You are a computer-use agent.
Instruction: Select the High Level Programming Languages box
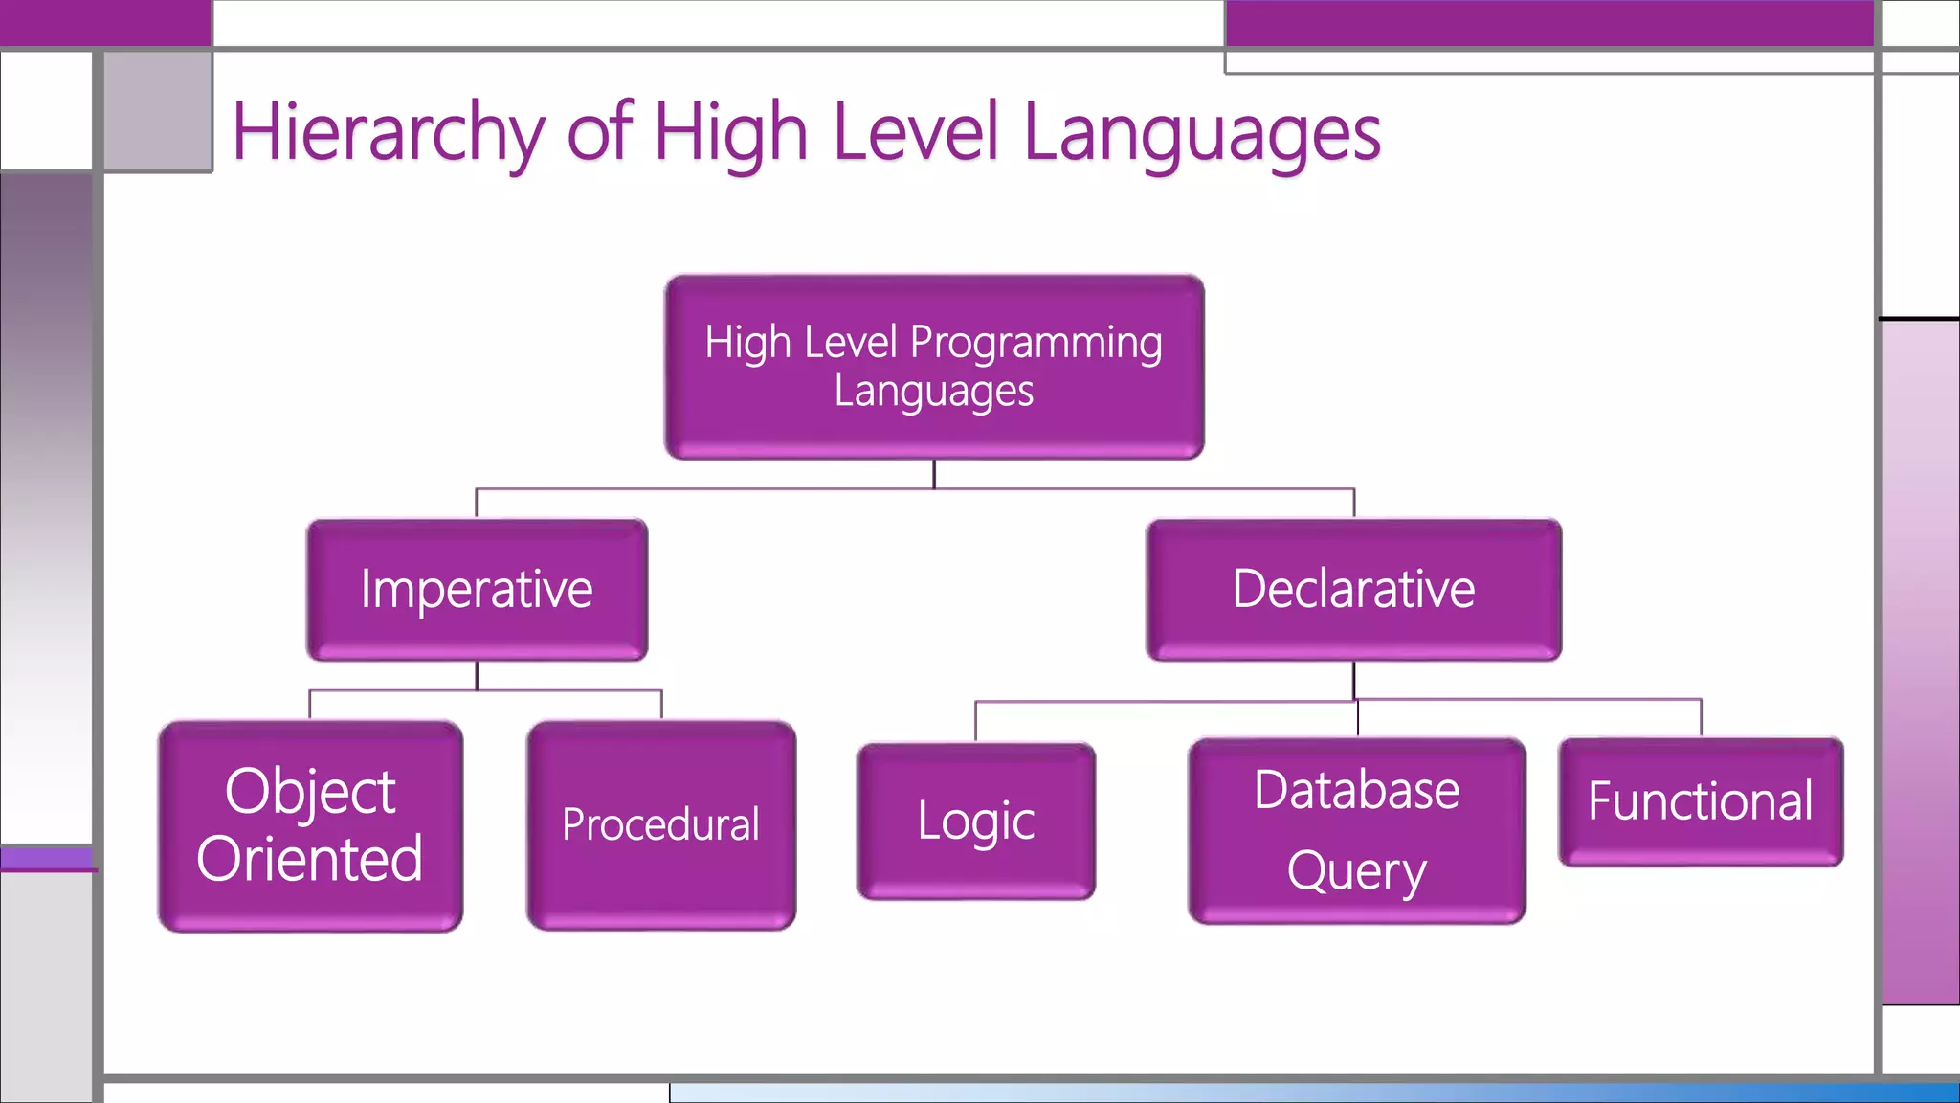pos(934,367)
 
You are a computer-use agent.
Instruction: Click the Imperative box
pos(477,589)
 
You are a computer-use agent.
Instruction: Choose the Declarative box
pos(1353,589)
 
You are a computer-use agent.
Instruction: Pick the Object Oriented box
pos(310,825)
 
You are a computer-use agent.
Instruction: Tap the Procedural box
pos(660,824)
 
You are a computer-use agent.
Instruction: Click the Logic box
pos(975,821)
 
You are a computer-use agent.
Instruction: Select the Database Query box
pos(1356,829)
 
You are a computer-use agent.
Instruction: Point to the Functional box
pos(1700,801)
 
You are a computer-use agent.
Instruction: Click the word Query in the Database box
pos(1356,871)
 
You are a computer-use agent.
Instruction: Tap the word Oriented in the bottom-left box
pos(310,859)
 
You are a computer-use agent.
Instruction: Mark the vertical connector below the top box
pos(934,474)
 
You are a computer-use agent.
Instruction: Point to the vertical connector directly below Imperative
pos(477,675)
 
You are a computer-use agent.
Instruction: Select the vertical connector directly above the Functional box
pos(1701,717)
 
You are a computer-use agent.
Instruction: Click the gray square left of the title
pos(158,111)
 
